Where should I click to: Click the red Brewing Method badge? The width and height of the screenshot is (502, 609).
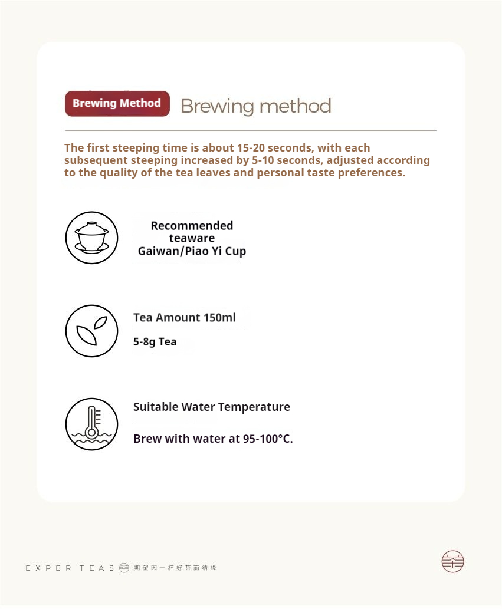click(x=117, y=104)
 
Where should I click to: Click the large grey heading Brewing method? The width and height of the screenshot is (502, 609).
click(x=255, y=106)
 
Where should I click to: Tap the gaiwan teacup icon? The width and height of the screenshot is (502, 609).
click(x=91, y=238)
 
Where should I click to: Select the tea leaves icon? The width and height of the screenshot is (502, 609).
click(x=91, y=331)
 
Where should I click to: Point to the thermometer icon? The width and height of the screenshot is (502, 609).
click(x=91, y=424)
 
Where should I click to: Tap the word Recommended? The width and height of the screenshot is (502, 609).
click(x=192, y=225)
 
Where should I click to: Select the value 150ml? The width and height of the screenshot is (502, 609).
click(x=219, y=318)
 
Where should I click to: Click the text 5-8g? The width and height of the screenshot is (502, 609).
click(x=144, y=342)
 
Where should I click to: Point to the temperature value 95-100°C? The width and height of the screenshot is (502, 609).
click(x=268, y=439)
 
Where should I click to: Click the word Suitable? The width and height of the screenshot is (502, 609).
click(x=156, y=407)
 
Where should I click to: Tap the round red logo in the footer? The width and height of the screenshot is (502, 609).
click(x=452, y=561)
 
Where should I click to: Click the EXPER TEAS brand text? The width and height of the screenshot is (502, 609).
click(x=70, y=568)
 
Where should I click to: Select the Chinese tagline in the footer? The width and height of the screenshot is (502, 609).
click(x=175, y=568)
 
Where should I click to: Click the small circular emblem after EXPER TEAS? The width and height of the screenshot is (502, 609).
click(x=124, y=568)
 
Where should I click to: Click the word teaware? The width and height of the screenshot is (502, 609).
click(x=192, y=238)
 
